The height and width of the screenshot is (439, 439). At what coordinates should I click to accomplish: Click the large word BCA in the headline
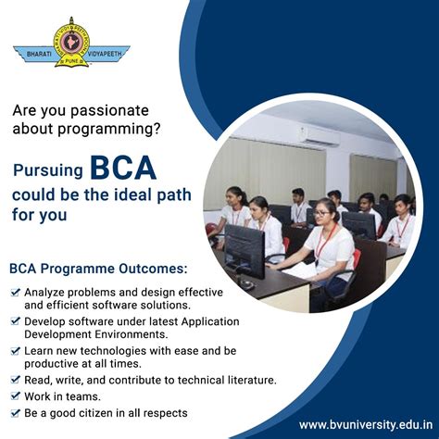(x=122, y=169)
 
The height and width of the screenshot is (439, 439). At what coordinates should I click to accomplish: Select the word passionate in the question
(x=111, y=109)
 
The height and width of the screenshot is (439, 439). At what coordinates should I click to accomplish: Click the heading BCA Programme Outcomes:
(x=97, y=270)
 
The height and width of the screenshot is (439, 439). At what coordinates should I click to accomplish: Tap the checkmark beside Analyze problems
(x=16, y=291)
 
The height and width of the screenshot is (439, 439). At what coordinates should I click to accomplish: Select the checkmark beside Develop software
(x=16, y=321)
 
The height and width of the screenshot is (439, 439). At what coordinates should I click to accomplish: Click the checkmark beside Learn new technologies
(x=16, y=351)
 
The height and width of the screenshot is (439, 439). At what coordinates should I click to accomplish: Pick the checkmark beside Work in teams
(x=16, y=396)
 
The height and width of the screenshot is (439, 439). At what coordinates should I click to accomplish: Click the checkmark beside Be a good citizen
(x=16, y=412)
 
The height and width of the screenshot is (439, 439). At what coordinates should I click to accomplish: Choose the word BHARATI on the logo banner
(x=33, y=53)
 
